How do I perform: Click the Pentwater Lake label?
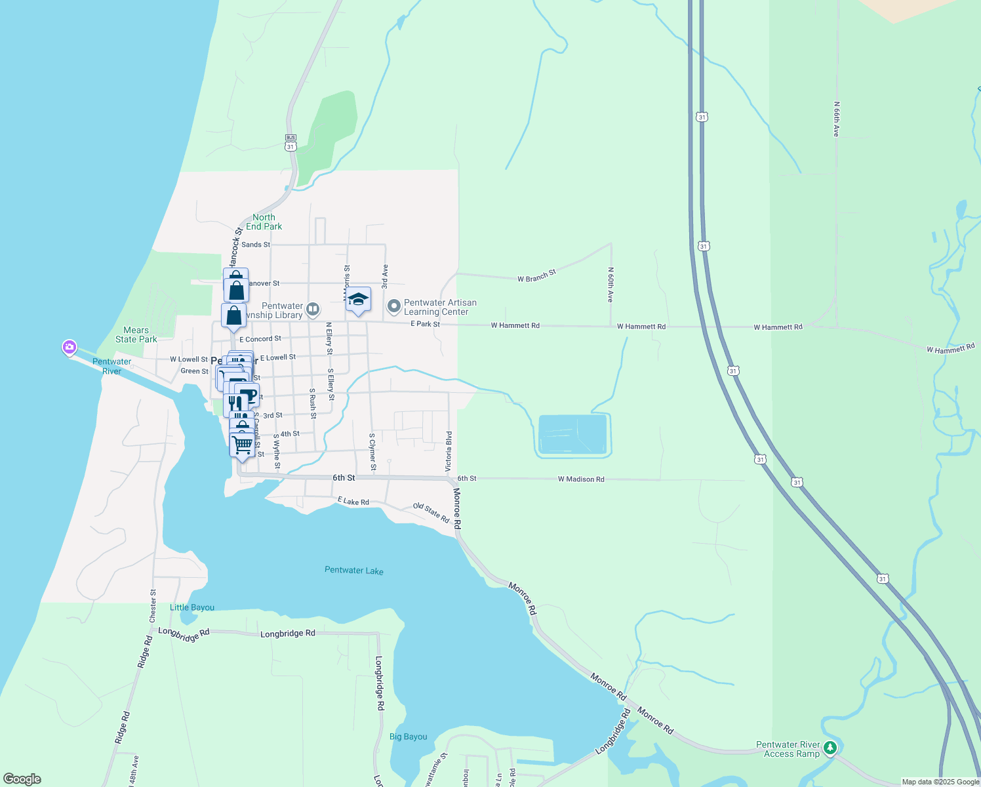pos(354,571)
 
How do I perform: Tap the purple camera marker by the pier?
pos(70,347)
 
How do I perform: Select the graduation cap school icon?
pos(358,300)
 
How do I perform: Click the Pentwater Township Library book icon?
pos(313,309)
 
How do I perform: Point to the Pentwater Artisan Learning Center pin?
pos(394,306)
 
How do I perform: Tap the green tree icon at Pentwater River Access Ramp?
pos(830,748)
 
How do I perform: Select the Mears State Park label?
pos(136,334)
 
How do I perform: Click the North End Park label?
pos(264,222)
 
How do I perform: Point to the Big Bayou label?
pos(408,737)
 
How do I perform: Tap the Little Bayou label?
pos(192,607)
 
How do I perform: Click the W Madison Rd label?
pos(581,479)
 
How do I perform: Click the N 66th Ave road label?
pos(836,119)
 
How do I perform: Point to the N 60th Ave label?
pos(610,285)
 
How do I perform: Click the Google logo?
pos(22,778)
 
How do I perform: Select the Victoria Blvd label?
pos(449,451)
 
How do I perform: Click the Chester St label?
pos(153,606)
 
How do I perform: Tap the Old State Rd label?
pos(431,512)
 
